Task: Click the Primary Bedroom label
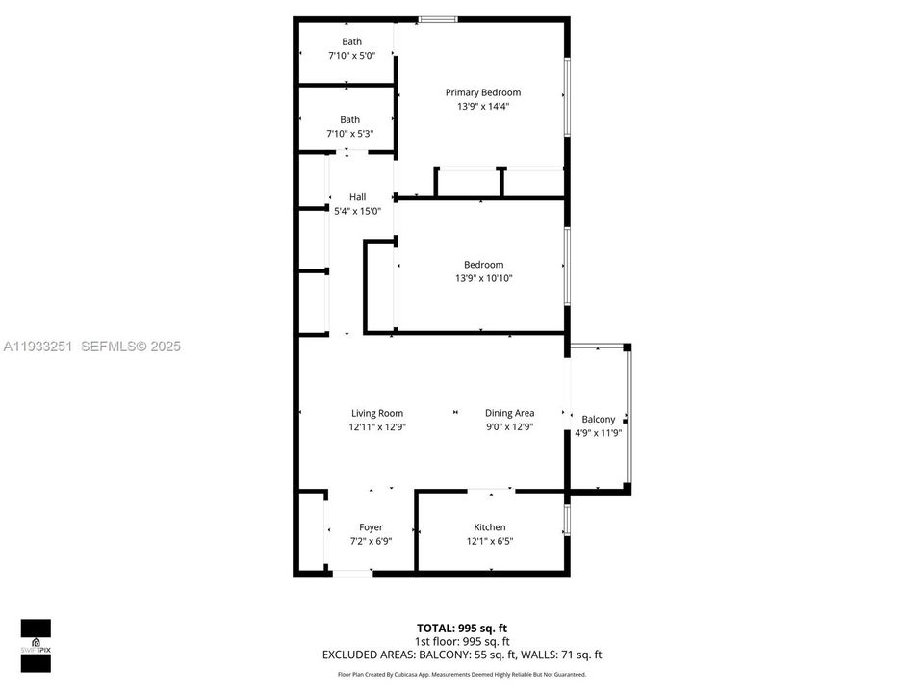[x=482, y=92]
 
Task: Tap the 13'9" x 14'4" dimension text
[x=482, y=107]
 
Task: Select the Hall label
[x=357, y=196]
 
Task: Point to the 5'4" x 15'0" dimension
[x=357, y=211]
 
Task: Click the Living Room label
[x=376, y=413]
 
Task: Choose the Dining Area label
[x=509, y=413]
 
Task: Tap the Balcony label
[x=599, y=419]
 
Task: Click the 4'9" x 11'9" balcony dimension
[x=599, y=433]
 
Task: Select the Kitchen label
[x=489, y=526]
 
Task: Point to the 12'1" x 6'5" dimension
[x=489, y=541]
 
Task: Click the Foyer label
[x=371, y=526]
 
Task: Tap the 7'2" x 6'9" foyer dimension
[x=371, y=541]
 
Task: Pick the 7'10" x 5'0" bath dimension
[x=351, y=56]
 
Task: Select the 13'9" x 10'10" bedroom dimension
[x=483, y=279]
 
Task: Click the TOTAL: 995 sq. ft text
[x=462, y=628]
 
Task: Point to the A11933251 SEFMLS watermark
[x=92, y=346]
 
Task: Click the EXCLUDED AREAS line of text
[x=462, y=655]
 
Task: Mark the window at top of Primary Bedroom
[x=438, y=18]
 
